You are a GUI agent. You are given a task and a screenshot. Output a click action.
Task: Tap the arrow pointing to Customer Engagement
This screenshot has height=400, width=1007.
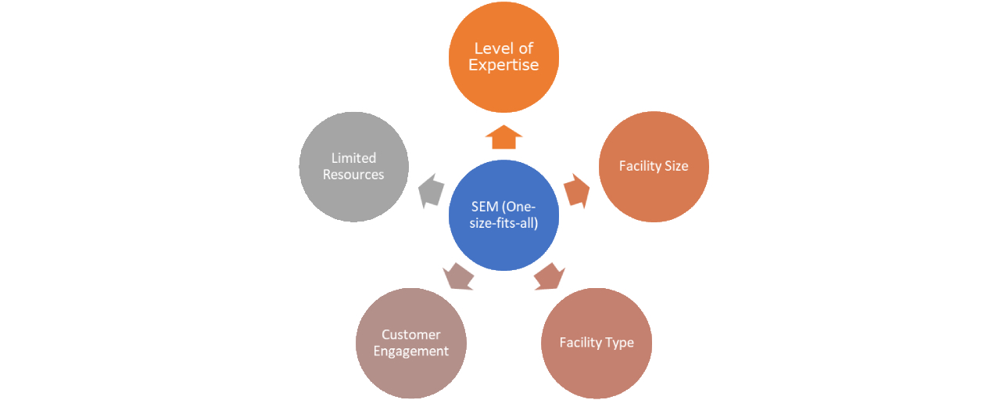click(459, 276)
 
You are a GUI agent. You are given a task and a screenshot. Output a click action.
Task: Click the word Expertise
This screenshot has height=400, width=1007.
click(504, 66)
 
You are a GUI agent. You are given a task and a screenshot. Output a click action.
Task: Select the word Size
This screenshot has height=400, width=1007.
click(674, 166)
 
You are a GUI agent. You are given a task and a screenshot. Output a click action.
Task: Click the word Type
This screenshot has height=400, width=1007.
click(618, 343)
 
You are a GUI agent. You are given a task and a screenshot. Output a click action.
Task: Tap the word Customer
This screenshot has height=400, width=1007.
click(411, 335)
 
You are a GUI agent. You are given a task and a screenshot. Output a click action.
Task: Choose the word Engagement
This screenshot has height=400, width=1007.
click(411, 351)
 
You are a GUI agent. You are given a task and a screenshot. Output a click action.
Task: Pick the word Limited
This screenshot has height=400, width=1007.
click(353, 158)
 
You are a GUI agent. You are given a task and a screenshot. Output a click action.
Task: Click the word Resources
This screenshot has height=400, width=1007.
click(353, 175)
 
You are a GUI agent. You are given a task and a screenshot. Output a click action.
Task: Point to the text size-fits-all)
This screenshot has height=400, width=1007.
click(504, 222)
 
